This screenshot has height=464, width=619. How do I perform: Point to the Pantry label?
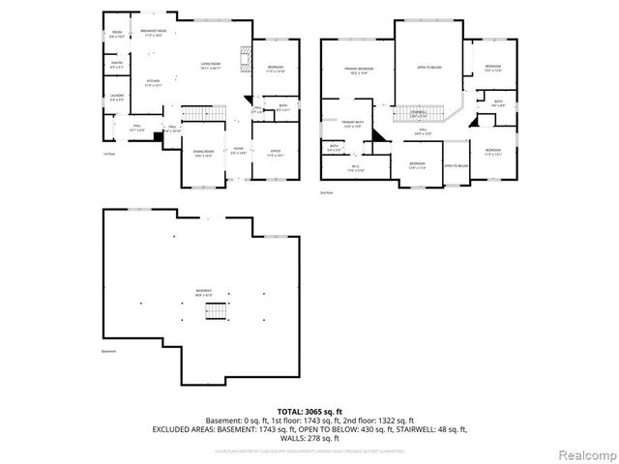click(x=116, y=65)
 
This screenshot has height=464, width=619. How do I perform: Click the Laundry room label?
click(x=116, y=97)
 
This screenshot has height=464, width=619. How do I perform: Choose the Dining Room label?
click(x=203, y=154)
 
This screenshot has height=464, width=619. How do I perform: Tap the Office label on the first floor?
click(x=276, y=153)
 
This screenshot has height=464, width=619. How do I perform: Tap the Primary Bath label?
click(x=351, y=124)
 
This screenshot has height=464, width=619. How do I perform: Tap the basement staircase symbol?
click(x=221, y=310)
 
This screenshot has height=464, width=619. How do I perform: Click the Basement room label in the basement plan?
click(x=203, y=291)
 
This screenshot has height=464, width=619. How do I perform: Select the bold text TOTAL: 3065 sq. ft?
click(x=309, y=411)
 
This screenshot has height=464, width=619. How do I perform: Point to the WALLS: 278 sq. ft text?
click(x=309, y=437)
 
